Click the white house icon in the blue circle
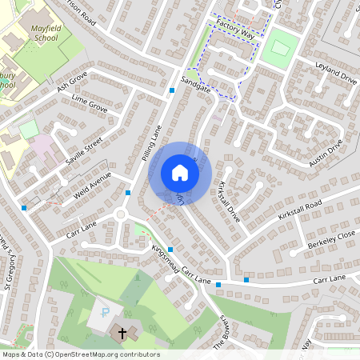[x=180, y=172]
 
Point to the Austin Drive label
[x=326, y=153]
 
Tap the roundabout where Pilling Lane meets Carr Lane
[x=122, y=214]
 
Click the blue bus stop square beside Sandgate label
[x=173, y=90]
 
